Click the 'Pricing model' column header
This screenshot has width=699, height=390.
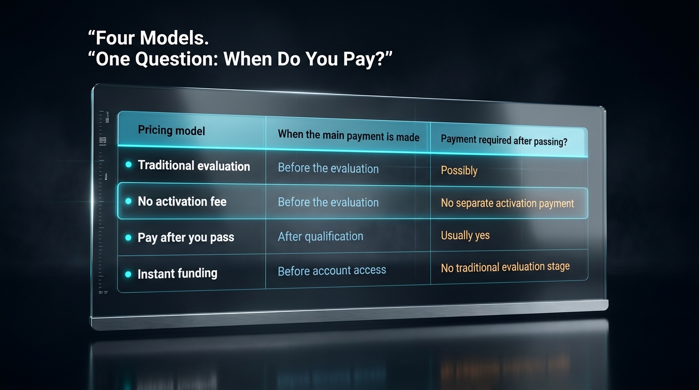[171, 130]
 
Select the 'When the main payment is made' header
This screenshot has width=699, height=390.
[348, 136]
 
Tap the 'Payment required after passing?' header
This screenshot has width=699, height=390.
[504, 140]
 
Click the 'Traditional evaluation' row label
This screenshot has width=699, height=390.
[194, 166]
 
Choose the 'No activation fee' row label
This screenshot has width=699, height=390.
[182, 201]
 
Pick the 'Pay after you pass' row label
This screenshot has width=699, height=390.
[186, 238]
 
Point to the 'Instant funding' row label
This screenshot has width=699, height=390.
[177, 274]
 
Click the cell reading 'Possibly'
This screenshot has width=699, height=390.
[459, 171]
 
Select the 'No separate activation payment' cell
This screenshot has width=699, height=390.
[507, 203]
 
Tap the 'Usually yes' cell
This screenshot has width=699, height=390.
[465, 235]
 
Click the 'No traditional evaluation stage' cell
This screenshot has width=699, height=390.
[505, 268]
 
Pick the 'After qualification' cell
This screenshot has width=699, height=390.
[321, 237]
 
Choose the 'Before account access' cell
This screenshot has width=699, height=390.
[332, 271]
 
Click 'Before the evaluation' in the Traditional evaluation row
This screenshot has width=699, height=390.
[328, 168]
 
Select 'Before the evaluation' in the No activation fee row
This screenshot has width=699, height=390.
[328, 202]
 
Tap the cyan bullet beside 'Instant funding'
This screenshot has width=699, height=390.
[128, 274]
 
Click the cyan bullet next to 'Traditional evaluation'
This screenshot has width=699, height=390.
[128, 165]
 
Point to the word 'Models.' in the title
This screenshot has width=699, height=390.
[174, 38]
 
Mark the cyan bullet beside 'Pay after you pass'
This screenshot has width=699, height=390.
[128, 238]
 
